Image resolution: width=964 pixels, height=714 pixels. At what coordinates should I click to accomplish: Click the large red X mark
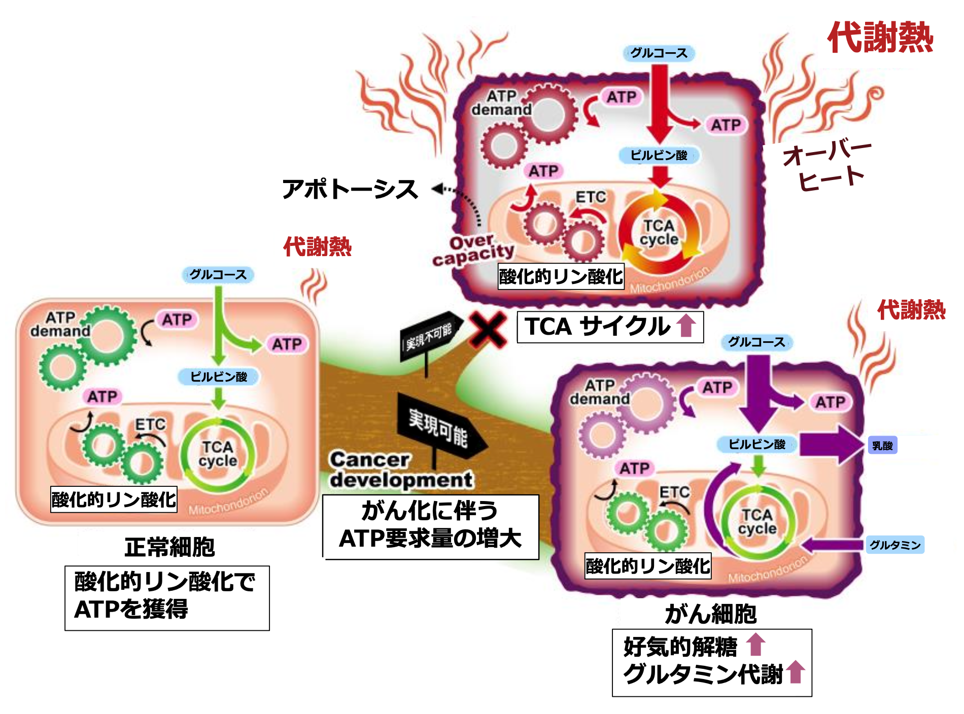pos(488,329)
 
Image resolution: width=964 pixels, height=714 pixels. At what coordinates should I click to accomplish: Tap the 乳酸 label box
pos(882,446)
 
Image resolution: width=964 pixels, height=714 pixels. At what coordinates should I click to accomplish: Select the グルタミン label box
pos(895,545)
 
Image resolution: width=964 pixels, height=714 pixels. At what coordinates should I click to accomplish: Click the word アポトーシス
pos(350,190)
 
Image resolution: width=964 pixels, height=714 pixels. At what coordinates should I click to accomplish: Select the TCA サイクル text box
pos(610,327)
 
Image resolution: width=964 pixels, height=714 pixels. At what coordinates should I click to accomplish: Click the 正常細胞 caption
pos(169,547)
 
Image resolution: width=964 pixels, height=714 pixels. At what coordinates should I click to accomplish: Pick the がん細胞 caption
pos(710,614)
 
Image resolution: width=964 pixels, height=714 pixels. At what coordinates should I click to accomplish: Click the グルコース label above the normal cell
pos(218,275)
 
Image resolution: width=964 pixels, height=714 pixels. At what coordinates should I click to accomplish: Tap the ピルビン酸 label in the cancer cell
pos(757,445)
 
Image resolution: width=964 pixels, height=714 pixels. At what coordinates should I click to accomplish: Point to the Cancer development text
pos(401,470)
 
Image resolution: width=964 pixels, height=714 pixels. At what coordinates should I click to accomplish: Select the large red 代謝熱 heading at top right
pos(880,38)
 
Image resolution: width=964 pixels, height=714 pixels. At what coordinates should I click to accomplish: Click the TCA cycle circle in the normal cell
pos(218,454)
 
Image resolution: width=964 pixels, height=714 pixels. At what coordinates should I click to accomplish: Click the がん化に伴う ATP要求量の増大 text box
pos(431,526)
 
